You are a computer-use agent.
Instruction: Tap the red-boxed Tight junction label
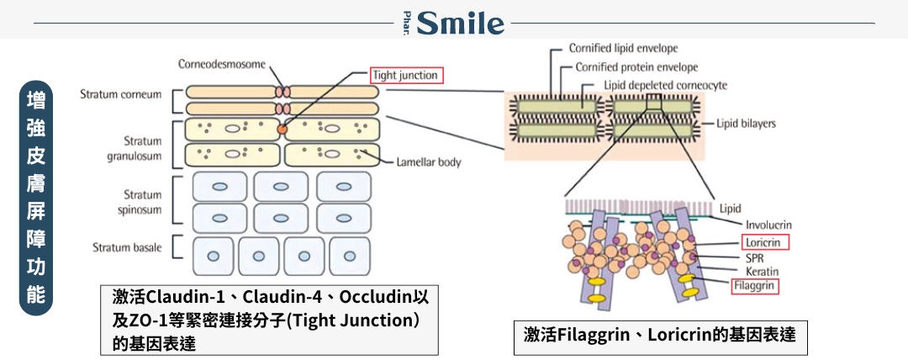pyautogui.click(x=407, y=76)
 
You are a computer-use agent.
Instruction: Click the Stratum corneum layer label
pyautogui.click(x=120, y=94)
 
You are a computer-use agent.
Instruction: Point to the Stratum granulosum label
pyautogui.click(x=135, y=148)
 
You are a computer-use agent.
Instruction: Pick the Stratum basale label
pyautogui.click(x=127, y=247)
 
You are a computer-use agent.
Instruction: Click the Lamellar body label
pyautogui.click(x=429, y=162)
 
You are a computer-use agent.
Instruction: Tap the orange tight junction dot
pyautogui.click(x=282, y=130)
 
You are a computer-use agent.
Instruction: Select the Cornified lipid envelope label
pyautogui.click(x=623, y=48)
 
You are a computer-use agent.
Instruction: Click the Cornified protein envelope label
pyautogui.click(x=636, y=67)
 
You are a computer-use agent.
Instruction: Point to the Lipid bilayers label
pyautogui.click(x=746, y=124)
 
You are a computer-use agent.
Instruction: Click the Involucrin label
pyautogui.click(x=768, y=225)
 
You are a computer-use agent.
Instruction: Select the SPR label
pyautogui.click(x=754, y=258)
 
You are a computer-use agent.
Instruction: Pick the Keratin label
pyautogui.click(x=762, y=272)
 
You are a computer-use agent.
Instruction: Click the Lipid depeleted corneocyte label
pyautogui.click(x=665, y=86)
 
